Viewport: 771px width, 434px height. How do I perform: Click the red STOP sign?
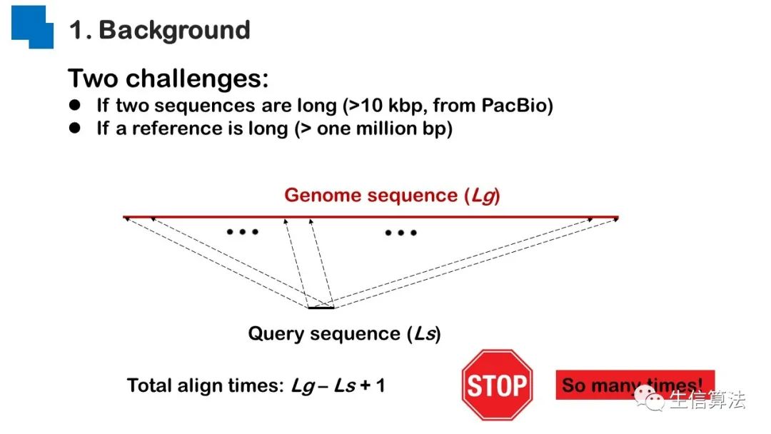(497, 385)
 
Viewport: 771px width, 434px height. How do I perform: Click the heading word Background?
(174, 30)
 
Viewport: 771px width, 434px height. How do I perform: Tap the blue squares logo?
(33, 26)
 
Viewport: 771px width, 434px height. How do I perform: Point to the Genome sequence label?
(392, 195)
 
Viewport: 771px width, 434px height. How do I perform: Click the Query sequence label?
(344, 333)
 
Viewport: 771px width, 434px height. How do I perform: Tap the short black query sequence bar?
(321, 308)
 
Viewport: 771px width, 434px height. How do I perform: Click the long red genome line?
(371, 216)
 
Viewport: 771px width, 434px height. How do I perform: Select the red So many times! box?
(635, 385)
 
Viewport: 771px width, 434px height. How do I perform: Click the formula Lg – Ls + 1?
(338, 386)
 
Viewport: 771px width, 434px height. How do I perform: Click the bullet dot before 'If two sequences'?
(75, 106)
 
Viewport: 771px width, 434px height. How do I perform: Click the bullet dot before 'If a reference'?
(75, 128)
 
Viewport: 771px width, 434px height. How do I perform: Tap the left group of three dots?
(242, 231)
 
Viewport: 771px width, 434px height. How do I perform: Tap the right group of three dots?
(400, 233)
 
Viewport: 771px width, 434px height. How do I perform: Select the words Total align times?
(206, 386)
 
